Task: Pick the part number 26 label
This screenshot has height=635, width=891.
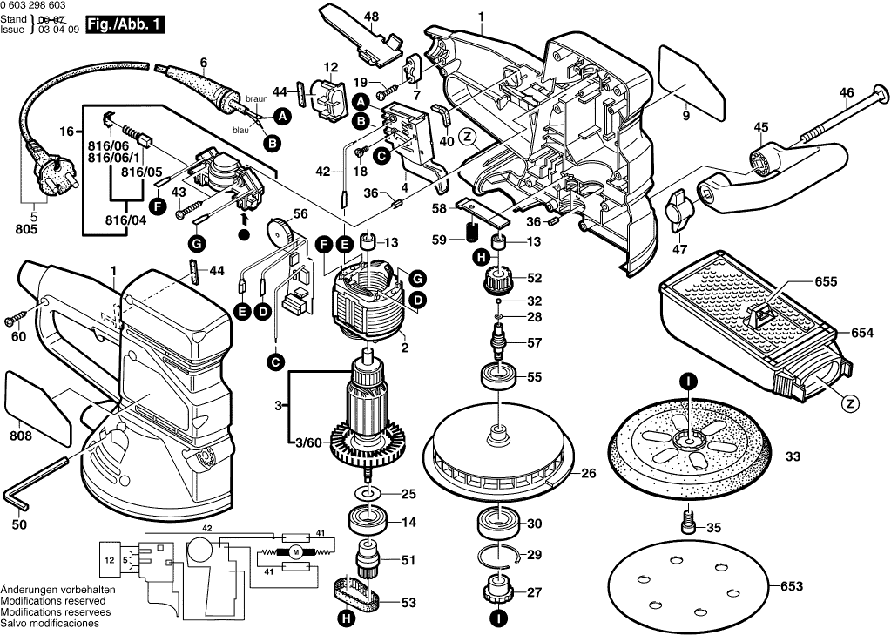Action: tap(589, 474)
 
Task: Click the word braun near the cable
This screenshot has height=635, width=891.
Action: tap(256, 98)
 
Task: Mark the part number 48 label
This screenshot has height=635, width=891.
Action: tap(371, 16)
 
